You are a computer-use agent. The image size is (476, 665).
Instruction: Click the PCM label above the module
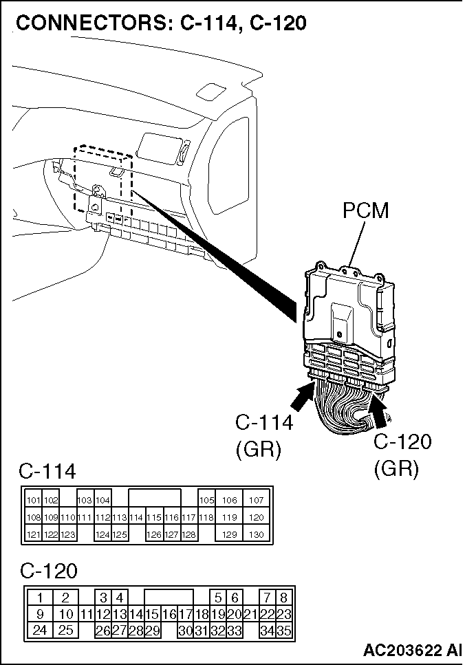pos(366,210)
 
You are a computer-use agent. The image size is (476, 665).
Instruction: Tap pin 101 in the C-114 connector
pos(34,500)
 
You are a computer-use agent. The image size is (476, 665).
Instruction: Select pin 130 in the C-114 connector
pos(257,534)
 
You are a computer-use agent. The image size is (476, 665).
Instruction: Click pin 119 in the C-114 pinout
pos(229,517)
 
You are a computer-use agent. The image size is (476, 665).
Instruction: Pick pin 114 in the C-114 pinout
pos(136,517)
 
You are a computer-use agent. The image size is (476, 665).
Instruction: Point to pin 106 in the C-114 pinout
pos(229,500)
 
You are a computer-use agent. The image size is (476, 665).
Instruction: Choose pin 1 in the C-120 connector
pos(40,598)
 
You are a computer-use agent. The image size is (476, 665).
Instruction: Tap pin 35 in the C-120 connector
pos(284,631)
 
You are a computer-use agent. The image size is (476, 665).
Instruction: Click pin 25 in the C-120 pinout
pos(65,631)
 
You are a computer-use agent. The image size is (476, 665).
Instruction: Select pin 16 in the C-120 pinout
pos(169,614)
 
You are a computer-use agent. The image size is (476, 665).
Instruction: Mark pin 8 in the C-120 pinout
pos(284,598)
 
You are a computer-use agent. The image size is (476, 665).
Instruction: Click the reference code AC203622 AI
pos(412,650)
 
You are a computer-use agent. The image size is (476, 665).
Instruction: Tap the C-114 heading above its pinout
pos(47,471)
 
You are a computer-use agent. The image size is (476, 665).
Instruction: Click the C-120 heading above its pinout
pos(48,571)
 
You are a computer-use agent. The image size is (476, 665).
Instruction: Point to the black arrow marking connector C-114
pos(303,395)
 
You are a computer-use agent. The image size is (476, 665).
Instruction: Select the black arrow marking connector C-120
pos(380,411)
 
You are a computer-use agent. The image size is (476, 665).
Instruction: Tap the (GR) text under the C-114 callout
pos(259,450)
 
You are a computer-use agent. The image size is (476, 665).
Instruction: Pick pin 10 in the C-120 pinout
pos(65,614)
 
